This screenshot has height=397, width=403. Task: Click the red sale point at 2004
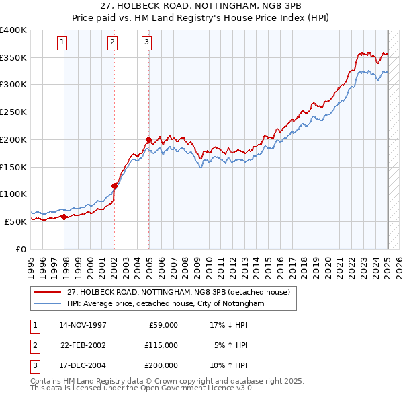point(148,139)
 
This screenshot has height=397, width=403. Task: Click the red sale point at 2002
point(114,186)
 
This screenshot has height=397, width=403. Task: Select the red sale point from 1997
point(64,217)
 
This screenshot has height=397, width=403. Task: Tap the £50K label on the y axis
point(15,221)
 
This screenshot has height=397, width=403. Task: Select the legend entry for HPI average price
point(165,304)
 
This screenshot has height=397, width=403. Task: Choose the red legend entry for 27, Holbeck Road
point(178,292)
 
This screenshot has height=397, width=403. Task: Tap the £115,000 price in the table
point(162,345)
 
